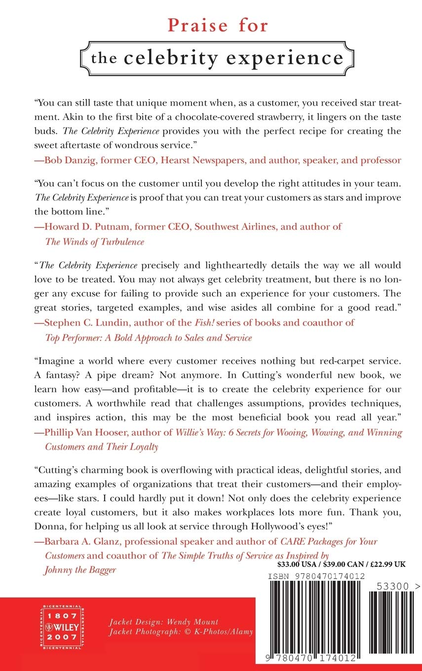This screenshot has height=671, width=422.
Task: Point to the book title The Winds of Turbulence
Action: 95,241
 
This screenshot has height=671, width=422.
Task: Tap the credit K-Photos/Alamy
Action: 221,632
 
